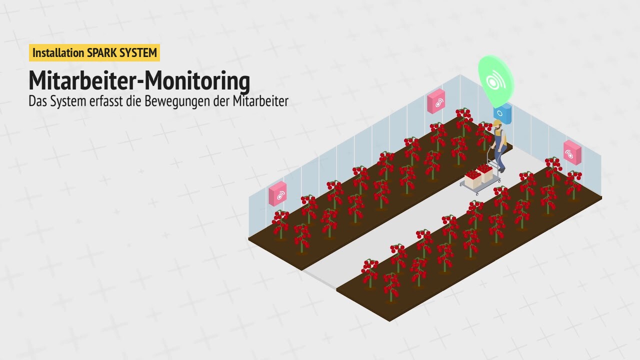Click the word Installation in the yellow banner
point(58,53)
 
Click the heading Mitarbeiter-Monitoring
point(139,81)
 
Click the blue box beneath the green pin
point(502,113)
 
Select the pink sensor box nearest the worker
point(436,101)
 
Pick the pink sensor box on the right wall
point(572,152)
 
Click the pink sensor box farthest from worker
point(277,193)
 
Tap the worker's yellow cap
point(497,123)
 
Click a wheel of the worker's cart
point(476,193)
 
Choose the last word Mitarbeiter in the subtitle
point(260,101)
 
